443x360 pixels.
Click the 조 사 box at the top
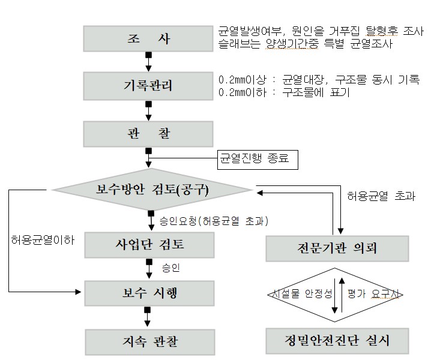coord(149,39)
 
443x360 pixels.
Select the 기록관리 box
coord(149,85)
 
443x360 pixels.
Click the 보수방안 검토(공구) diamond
coord(152,190)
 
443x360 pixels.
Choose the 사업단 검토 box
coord(149,245)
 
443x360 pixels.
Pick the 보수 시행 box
coord(149,294)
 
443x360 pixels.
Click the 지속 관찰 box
coord(149,341)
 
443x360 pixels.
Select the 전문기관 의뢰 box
coord(337,248)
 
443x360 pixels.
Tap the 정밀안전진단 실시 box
coord(337,341)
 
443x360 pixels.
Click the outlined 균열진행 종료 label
coord(254,159)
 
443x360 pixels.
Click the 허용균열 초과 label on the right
coord(381,196)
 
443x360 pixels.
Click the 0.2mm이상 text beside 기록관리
coord(240,80)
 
